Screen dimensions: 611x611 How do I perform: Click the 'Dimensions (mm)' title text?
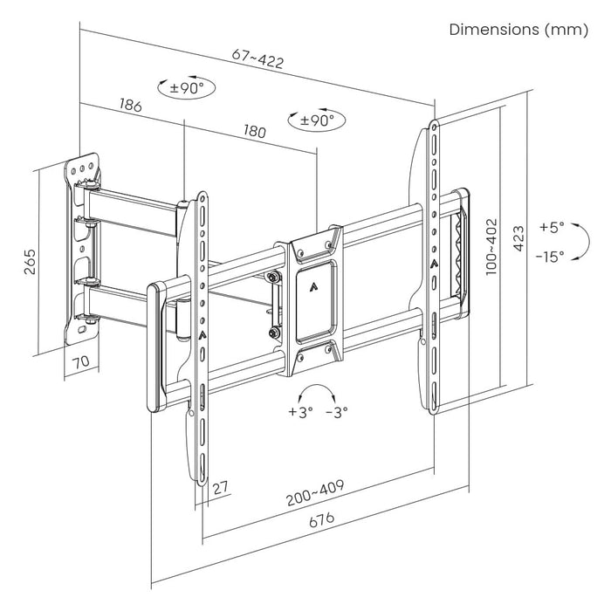tap(518, 30)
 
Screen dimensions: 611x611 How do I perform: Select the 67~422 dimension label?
tap(257, 61)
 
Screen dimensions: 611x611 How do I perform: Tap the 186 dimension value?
tap(130, 106)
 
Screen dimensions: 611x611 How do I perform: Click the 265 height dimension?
tap(29, 261)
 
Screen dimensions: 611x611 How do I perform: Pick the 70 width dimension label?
tap(80, 360)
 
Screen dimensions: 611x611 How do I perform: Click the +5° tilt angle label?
tap(552, 227)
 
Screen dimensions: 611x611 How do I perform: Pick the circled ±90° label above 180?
tap(316, 120)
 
